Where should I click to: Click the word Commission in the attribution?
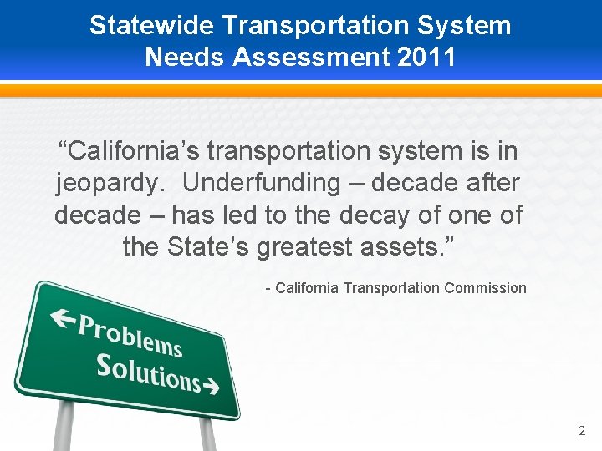click(486, 288)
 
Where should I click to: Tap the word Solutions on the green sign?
click(148, 372)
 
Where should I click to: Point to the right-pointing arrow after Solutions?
click(212, 387)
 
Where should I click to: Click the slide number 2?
click(582, 431)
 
